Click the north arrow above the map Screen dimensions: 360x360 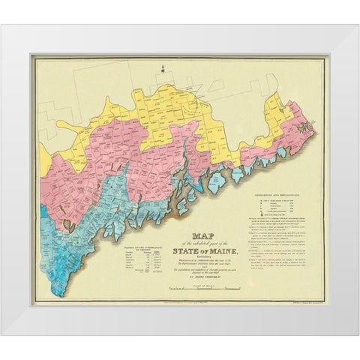162,72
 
